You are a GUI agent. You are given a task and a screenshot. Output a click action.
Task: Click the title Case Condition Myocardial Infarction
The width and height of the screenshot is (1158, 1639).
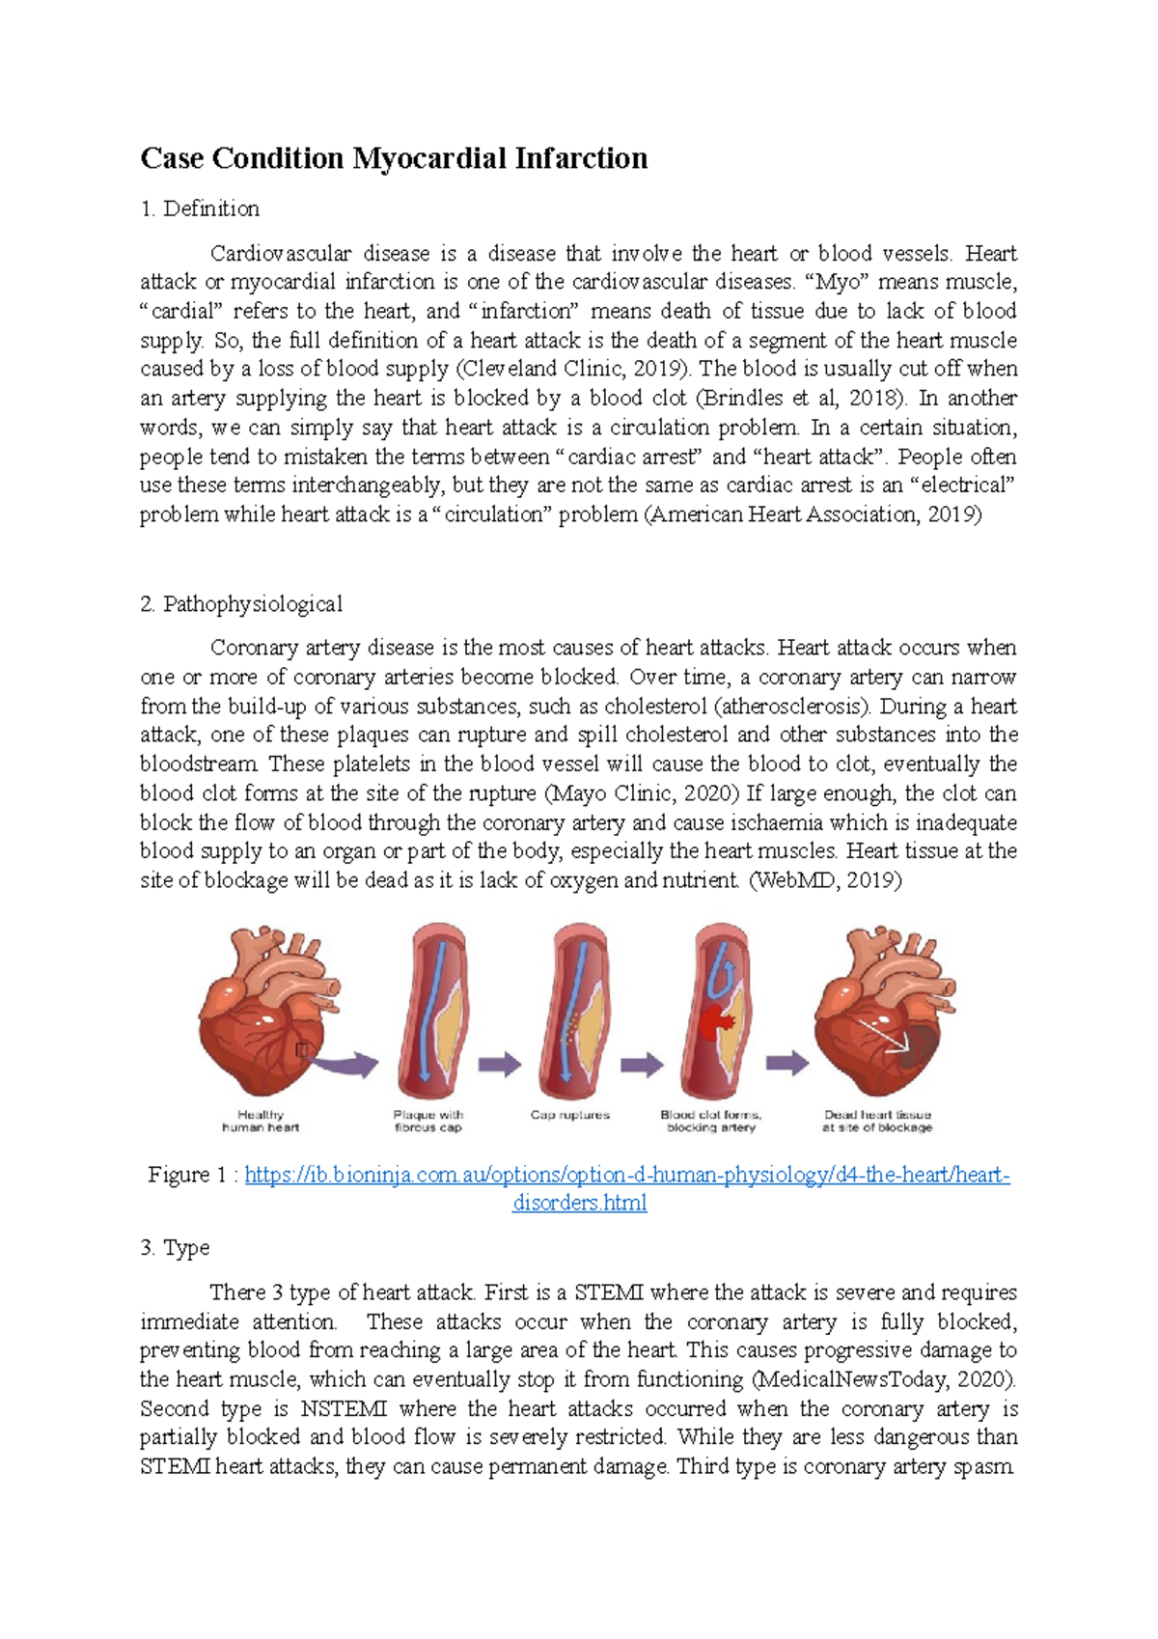pos(394,158)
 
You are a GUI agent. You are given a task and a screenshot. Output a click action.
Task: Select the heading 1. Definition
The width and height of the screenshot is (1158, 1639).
pos(200,208)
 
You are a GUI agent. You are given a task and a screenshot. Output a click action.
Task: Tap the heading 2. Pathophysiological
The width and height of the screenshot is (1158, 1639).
pos(241,604)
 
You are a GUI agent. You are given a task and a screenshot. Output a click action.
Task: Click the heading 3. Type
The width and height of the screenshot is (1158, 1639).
pos(175,1247)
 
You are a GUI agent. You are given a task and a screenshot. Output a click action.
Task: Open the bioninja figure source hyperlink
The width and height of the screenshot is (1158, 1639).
pos(627,1176)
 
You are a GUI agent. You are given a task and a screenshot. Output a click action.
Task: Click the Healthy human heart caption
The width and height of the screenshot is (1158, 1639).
pos(261,1121)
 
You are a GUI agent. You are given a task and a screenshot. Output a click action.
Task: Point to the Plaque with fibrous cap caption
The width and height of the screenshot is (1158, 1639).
pos(428,1121)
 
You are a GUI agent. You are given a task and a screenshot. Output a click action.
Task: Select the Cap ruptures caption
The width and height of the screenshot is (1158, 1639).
pos(570,1115)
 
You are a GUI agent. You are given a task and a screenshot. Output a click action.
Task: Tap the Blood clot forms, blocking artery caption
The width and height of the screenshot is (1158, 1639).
pos(711,1121)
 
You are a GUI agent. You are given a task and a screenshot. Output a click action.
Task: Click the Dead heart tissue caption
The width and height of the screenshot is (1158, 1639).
pos(877,1121)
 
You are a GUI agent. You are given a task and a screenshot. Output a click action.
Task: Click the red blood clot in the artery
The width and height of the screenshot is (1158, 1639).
pos(716,1020)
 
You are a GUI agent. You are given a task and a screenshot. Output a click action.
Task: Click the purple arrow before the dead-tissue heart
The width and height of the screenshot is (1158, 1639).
pos(786,1064)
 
